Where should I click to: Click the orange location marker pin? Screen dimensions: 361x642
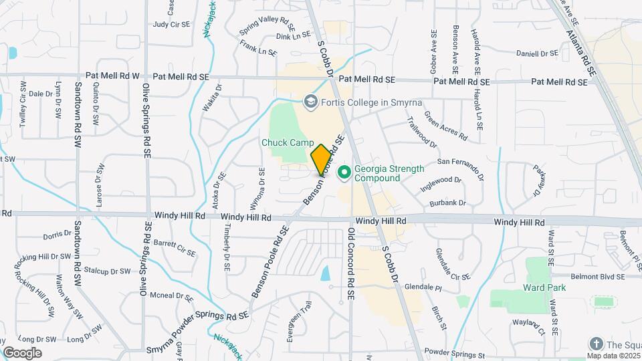[x=321, y=160]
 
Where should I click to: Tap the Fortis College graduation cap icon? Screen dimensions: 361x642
[x=310, y=102]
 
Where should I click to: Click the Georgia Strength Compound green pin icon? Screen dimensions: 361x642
[x=345, y=173]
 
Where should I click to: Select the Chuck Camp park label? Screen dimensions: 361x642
[x=288, y=142]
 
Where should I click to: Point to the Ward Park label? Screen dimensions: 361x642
[x=545, y=287]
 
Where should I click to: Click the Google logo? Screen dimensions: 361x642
[x=22, y=352]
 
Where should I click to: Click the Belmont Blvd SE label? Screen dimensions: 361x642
[x=598, y=276]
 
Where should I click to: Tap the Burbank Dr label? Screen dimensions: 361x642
[x=448, y=202]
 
